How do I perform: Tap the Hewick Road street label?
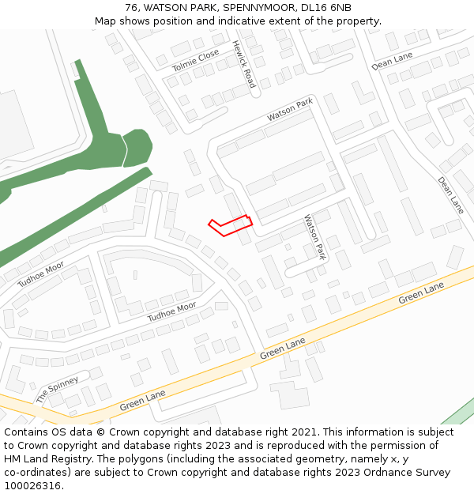(x=244, y=64)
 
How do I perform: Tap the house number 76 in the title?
(x=132, y=7)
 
